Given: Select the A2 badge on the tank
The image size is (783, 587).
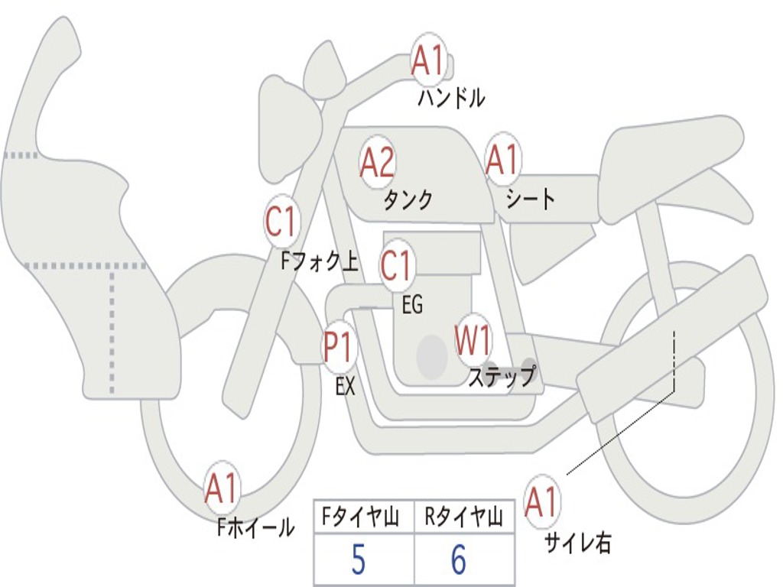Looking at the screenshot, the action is coord(377,162).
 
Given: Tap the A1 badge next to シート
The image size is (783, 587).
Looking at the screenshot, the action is coord(502,160).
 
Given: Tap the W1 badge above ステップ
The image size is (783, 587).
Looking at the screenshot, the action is coord(473,340).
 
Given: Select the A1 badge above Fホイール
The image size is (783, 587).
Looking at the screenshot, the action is coord(222,488).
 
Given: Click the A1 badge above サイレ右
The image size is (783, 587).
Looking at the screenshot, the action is coord(541,502).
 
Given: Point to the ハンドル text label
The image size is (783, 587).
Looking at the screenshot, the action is coord(451,99).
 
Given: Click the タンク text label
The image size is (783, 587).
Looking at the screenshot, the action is coord(408,200).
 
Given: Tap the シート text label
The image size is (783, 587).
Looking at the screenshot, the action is coord(530,199).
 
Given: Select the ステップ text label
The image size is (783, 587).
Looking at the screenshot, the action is coord(502,378).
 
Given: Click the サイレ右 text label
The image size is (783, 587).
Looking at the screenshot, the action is coord(577,543).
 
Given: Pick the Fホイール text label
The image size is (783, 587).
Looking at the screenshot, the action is coord(255,527).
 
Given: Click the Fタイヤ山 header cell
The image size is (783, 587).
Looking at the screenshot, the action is coord(363,519).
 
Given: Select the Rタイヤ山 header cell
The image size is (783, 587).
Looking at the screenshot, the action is coord(463,519).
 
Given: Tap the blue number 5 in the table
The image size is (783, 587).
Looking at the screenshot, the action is coord(358,561).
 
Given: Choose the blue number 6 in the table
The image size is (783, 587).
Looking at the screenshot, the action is coord(458,561).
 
